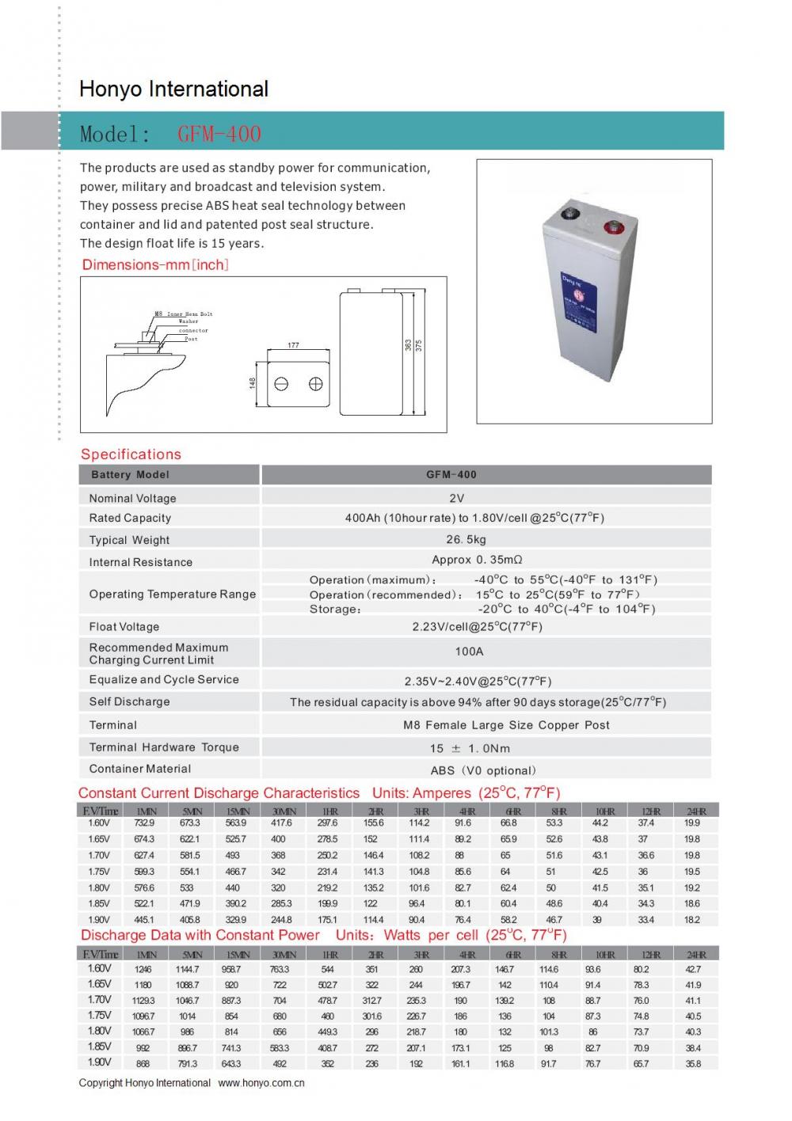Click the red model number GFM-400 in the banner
(x=219, y=134)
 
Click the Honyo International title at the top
(x=173, y=89)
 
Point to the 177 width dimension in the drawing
(x=293, y=345)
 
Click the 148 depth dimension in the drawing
(x=253, y=383)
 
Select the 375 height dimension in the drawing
(x=419, y=345)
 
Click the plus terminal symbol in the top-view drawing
(x=315, y=384)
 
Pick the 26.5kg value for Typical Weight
(x=466, y=539)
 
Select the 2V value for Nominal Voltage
(x=456, y=498)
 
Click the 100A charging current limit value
(x=469, y=652)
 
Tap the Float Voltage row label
(x=124, y=626)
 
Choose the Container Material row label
(x=140, y=769)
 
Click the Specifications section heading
(x=131, y=454)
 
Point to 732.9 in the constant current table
(x=144, y=823)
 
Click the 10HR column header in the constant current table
(x=605, y=811)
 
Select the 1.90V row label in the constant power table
(x=99, y=1062)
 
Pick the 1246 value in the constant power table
(x=143, y=969)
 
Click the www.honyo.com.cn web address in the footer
(x=261, y=1083)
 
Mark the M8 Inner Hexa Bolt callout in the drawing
(x=184, y=314)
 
